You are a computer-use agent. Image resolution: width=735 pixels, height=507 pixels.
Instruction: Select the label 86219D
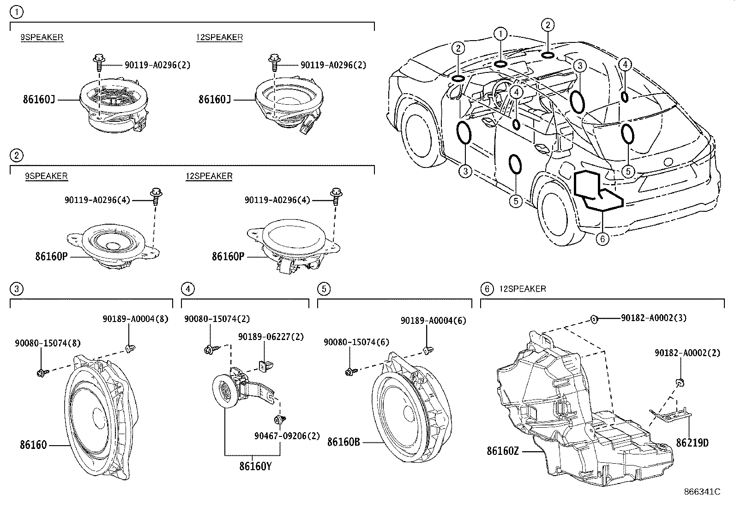click(692, 443)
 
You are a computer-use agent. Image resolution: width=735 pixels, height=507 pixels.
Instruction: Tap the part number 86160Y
click(255, 466)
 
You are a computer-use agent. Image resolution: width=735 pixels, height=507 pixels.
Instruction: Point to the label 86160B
click(343, 442)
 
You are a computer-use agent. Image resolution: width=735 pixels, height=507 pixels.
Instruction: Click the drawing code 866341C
click(702, 492)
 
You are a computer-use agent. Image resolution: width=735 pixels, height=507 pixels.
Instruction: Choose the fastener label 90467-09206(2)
click(287, 435)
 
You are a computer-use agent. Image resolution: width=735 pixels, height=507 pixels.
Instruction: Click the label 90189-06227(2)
click(271, 337)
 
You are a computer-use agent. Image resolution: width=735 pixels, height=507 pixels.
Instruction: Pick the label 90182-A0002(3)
click(654, 318)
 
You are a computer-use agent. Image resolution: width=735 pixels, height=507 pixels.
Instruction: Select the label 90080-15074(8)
click(48, 343)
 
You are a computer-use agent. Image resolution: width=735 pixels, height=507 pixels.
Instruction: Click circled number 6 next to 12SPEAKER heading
click(487, 289)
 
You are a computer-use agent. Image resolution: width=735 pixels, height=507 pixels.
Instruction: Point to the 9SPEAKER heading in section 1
click(42, 37)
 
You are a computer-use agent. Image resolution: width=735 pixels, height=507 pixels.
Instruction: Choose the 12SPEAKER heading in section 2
click(209, 176)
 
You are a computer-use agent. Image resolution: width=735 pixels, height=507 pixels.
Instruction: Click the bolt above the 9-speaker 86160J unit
click(98, 60)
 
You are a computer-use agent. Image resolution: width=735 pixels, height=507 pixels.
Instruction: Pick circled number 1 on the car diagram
click(500, 34)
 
